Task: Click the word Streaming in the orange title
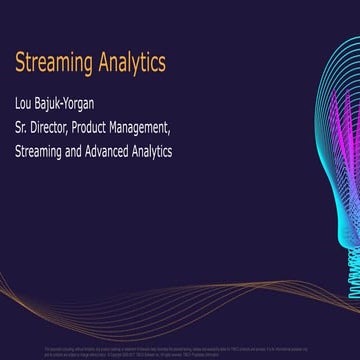(x=53, y=64)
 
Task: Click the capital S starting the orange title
(x=20, y=64)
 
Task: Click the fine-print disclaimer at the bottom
(x=180, y=345)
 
